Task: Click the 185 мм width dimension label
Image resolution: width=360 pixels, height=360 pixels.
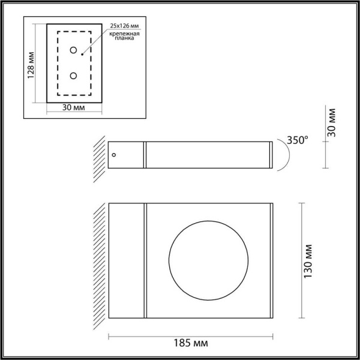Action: pyautogui.click(x=190, y=344)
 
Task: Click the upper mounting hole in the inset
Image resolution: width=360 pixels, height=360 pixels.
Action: pyautogui.click(x=74, y=50)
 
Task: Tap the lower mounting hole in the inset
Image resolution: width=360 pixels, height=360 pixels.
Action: pyautogui.click(x=74, y=76)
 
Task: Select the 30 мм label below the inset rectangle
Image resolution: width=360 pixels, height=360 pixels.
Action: pyautogui.click(x=73, y=107)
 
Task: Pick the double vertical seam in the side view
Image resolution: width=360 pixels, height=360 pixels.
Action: pyautogui.click(x=145, y=155)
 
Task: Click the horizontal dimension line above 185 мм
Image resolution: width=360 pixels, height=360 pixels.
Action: pyautogui.click(x=190, y=334)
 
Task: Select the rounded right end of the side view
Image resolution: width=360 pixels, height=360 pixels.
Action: pyautogui.click(x=272, y=155)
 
